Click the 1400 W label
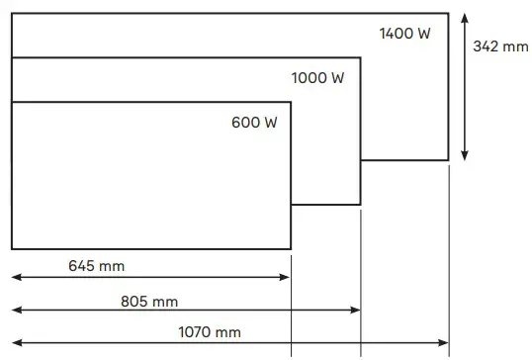(405, 34)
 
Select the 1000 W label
(317, 78)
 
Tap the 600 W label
(254, 123)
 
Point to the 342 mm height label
(501, 46)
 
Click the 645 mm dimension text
(97, 265)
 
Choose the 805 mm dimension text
(150, 302)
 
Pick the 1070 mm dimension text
(208, 332)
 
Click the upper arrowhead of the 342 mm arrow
(466, 18)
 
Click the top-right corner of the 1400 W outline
(448, 13)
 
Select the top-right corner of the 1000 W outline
(360, 57)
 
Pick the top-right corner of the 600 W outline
(291, 102)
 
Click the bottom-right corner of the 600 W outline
(291, 248)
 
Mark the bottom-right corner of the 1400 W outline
(448, 159)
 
